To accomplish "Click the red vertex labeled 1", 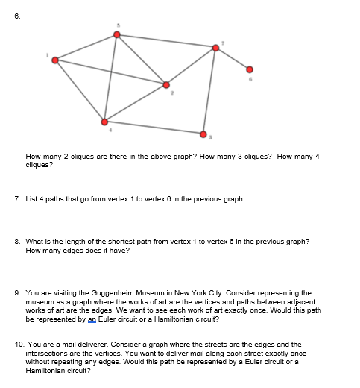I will tap(54, 60).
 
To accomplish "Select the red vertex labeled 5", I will tap(116, 34).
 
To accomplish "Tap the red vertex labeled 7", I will tap(216, 48).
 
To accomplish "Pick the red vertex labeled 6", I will tap(250, 69).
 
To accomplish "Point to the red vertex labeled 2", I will tap(166, 84).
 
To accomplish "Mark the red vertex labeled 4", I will tap(104, 121).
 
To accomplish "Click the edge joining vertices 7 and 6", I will tap(233, 58).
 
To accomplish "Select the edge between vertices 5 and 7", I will tap(166, 41).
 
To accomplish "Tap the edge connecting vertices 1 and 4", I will tap(79, 90).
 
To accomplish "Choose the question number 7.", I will tap(17, 199).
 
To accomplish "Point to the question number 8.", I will tap(17, 242).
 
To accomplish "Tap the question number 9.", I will tap(17, 292).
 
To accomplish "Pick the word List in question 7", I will tap(32, 199).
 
